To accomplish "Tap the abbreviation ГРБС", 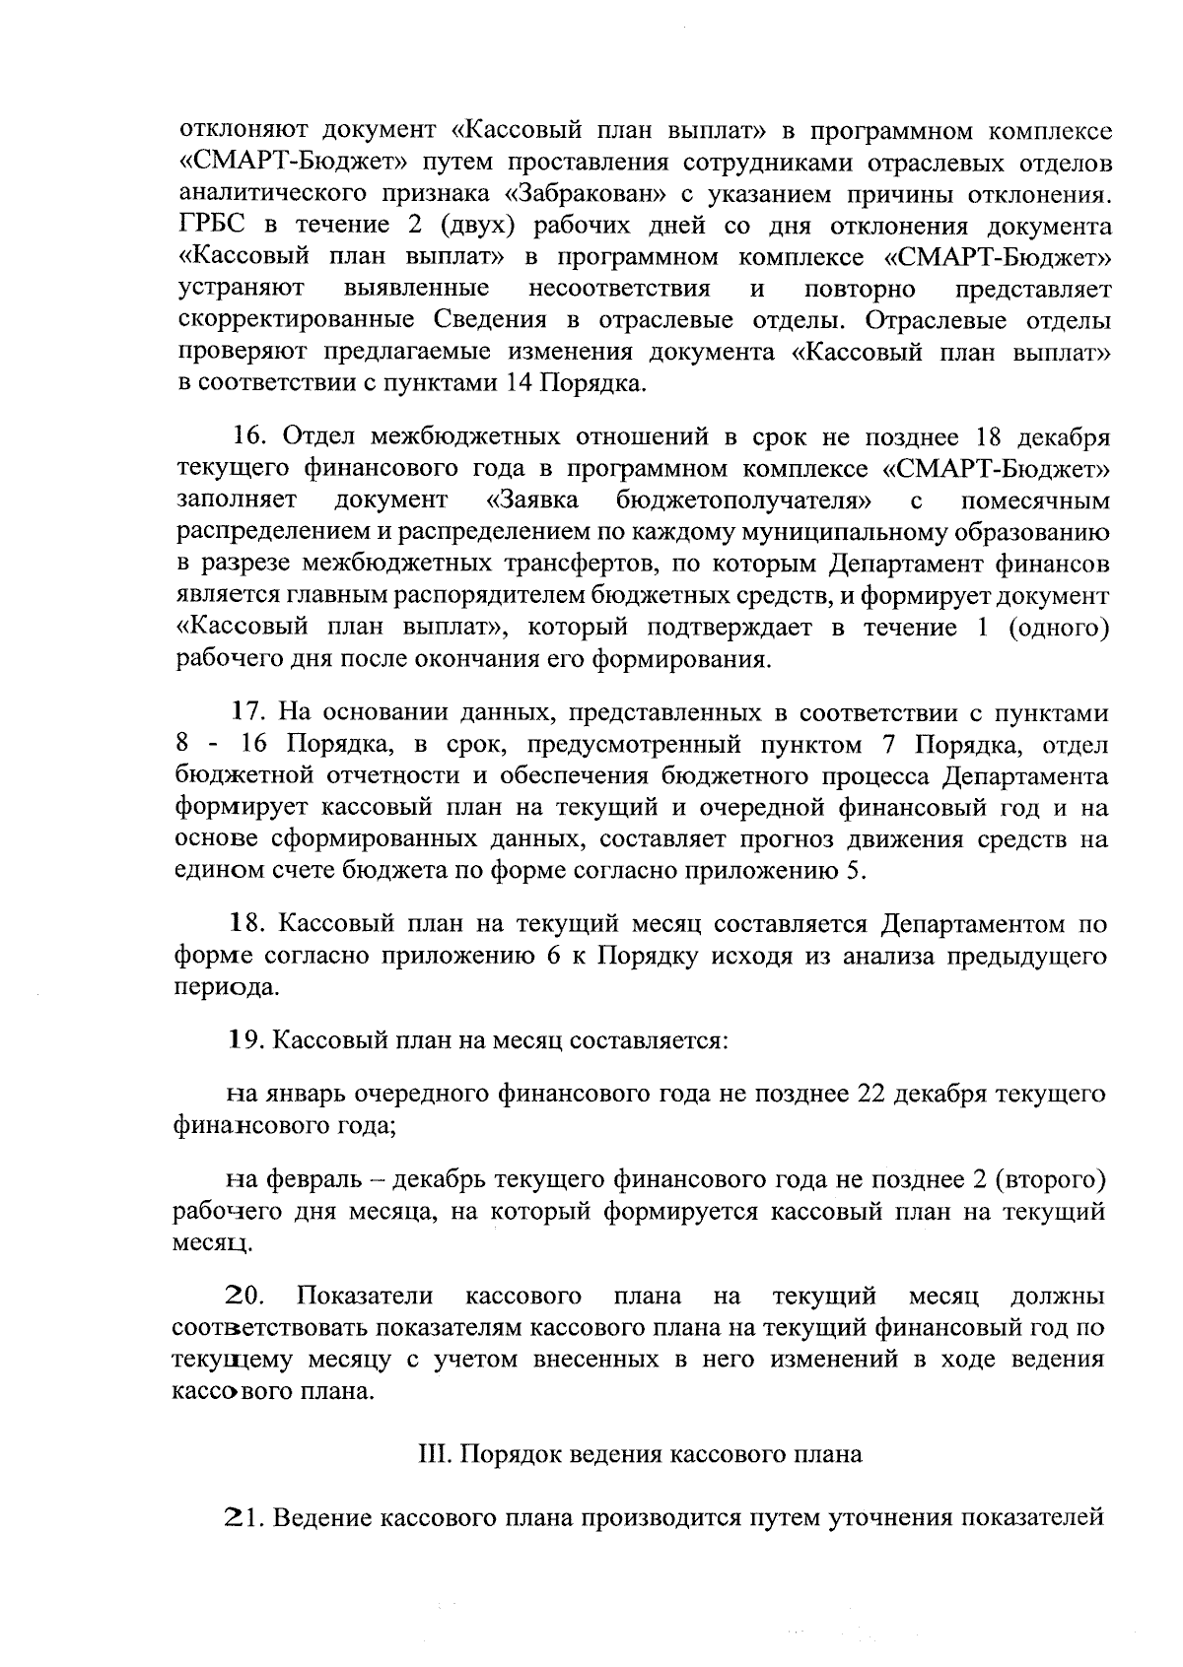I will click(x=211, y=226).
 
